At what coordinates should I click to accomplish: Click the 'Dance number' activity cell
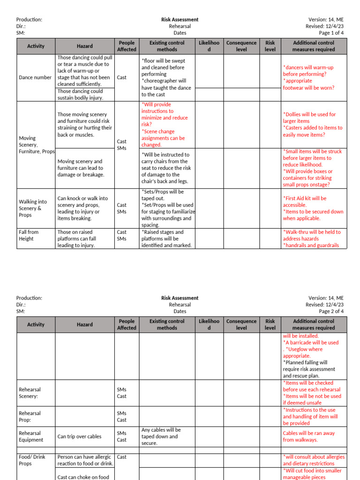pyautogui.click(x=35, y=78)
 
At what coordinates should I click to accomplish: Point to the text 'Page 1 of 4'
pyautogui.click(x=331, y=33)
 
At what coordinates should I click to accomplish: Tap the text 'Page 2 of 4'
pyautogui.click(x=331, y=311)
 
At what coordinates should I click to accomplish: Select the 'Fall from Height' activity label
pyautogui.click(x=29, y=235)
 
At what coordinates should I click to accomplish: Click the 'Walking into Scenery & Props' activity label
pyautogui.click(x=33, y=208)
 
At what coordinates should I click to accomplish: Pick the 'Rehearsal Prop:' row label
pyautogui.click(x=30, y=417)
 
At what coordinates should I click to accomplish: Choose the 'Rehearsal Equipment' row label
pyautogui.click(x=31, y=436)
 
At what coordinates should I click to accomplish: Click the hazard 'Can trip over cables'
pyautogui.click(x=79, y=437)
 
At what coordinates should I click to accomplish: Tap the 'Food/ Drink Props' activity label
pyautogui.click(x=32, y=460)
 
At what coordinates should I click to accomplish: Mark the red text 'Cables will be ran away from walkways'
pyautogui.click(x=308, y=436)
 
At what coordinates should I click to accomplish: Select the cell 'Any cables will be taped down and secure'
pyautogui.click(x=161, y=436)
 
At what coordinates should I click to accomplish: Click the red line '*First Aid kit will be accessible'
pyautogui.click(x=305, y=202)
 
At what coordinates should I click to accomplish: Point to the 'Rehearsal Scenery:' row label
pyautogui.click(x=30, y=393)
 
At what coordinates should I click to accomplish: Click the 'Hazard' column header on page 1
pyautogui.click(x=85, y=46)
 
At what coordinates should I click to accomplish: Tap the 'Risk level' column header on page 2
pyautogui.click(x=270, y=324)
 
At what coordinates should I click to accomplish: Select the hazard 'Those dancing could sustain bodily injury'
pyautogui.click(x=80, y=95)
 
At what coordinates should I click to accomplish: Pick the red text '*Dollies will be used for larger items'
pyautogui.click(x=309, y=118)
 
